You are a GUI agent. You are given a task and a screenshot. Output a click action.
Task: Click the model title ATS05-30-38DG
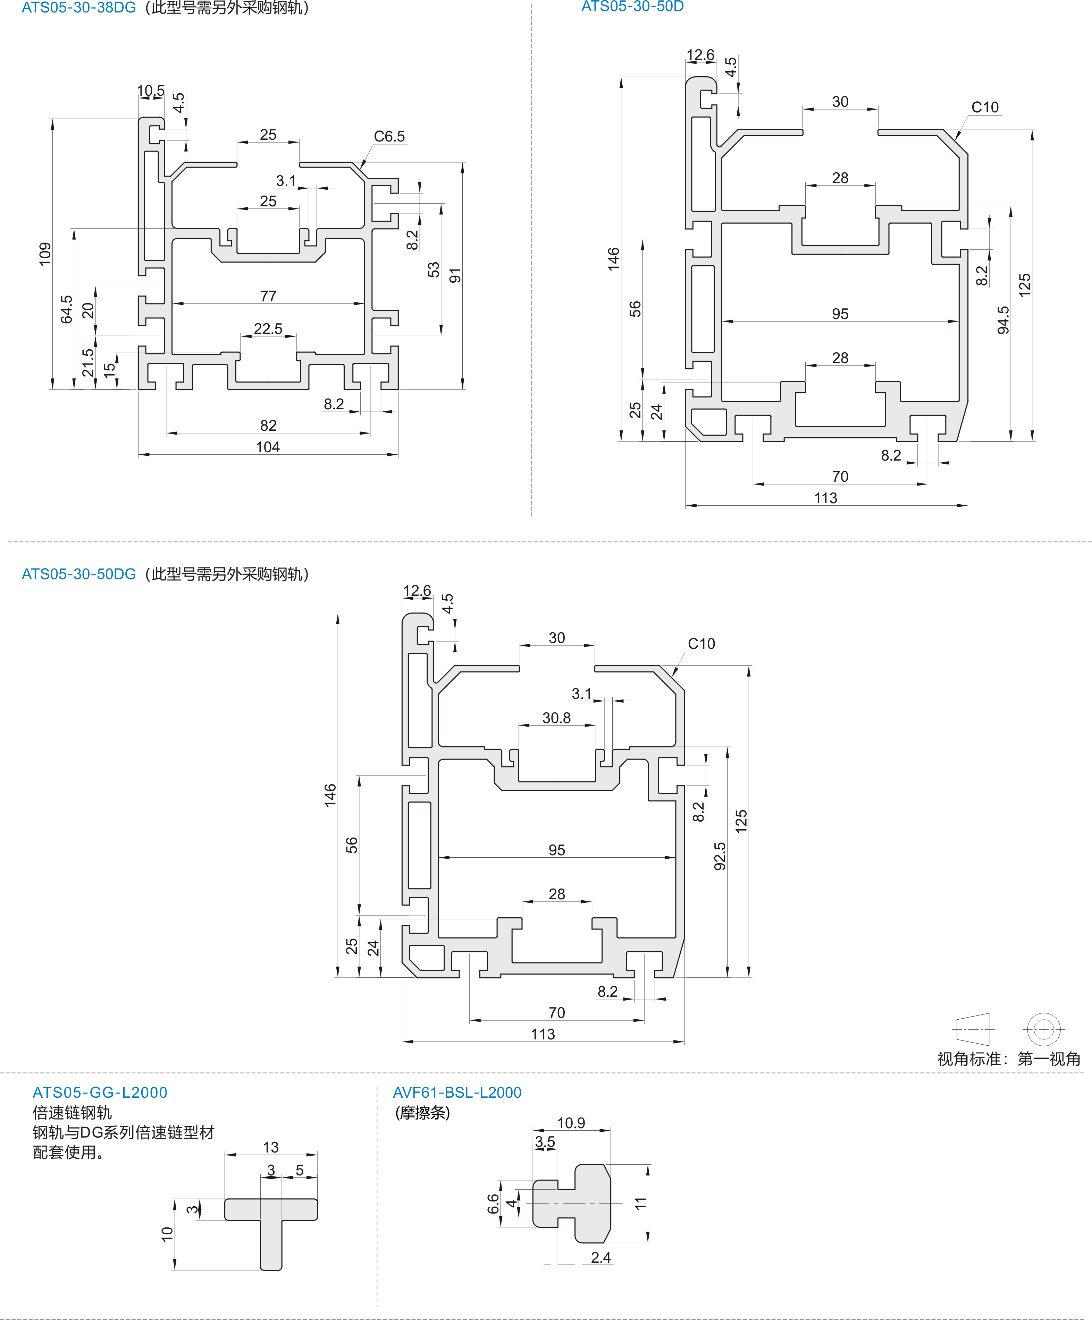coord(79,8)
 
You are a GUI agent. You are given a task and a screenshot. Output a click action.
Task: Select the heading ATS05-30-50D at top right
coord(632,7)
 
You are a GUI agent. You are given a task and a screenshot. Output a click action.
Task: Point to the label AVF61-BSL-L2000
coord(457,1092)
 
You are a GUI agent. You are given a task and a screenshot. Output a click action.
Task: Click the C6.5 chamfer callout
coord(389,136)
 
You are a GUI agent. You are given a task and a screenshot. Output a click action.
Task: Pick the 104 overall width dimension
coord(268,447)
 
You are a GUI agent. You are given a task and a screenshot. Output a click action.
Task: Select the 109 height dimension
coord(45,254)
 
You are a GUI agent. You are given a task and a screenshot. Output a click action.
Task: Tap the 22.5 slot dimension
coord(268,329)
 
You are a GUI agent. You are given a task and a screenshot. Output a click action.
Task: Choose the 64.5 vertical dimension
coord(67,309)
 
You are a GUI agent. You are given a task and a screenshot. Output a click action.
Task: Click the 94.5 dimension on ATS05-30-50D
coord(1003,320)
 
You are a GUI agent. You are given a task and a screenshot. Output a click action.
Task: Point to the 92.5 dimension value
coord(720,856)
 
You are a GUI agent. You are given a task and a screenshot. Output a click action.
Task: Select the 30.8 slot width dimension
coord(557,718)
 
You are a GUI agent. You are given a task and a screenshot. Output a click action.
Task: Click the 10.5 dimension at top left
coord(151,91)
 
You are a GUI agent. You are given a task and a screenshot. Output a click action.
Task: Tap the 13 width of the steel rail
coord(270,1147)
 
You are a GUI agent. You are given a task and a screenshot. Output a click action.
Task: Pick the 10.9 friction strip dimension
coord(571,1123)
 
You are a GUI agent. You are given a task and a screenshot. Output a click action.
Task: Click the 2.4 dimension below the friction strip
coord(601,1257)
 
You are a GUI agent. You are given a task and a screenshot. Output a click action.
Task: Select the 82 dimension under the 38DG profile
coord(269,426)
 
